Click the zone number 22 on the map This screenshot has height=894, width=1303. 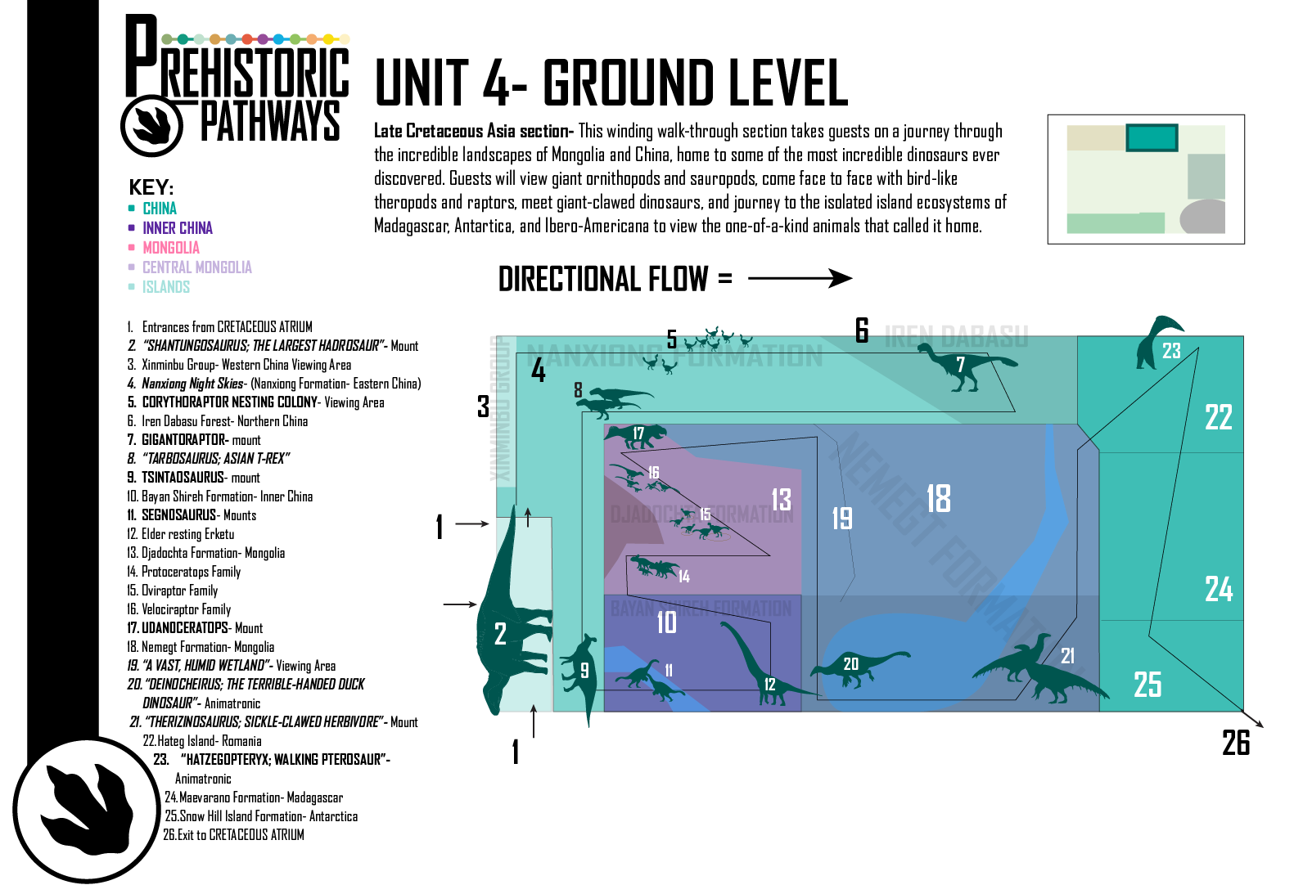(x=1218, y=417)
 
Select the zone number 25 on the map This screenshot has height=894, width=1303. (x=1147, y=685)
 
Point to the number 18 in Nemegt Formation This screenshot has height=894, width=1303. (x=938, y=498)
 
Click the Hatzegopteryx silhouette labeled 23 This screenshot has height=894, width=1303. (x=1154, y=344)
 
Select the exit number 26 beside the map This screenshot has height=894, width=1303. (x=1235, y=743)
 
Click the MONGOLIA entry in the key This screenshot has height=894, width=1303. (x=170, y=248)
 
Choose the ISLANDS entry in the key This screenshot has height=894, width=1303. (x=165, y=287)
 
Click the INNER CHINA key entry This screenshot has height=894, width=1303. (x=177, y=228)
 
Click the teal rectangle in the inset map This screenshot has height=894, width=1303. (x=1151, y=137)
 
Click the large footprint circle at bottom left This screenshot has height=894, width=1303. (x=86, y=810)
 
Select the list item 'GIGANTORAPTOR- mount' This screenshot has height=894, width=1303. (x=201, y=440)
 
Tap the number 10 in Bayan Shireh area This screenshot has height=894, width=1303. (x=666, y=622)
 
